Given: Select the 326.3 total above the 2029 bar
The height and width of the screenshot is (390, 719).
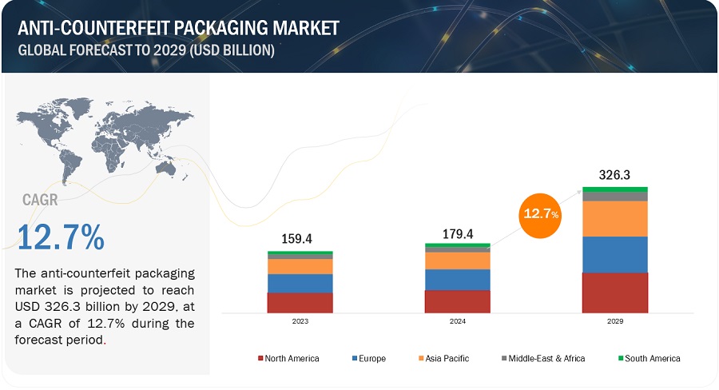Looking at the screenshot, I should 614,174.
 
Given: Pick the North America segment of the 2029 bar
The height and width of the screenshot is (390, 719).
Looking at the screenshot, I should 614,292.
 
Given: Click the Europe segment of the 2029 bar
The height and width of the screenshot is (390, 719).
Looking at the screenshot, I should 614,254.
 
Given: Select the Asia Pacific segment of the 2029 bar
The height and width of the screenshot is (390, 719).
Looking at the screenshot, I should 614,218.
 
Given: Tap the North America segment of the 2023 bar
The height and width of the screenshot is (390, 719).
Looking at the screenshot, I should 300,303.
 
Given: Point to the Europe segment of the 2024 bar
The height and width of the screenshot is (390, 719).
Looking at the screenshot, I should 456,279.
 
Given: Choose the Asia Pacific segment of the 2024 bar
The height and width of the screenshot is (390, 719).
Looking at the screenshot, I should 456,261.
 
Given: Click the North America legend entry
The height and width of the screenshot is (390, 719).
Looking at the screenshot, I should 288,358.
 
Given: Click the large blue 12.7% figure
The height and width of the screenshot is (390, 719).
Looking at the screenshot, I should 61,237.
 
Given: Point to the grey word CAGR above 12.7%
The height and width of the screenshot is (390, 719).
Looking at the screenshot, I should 40,199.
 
